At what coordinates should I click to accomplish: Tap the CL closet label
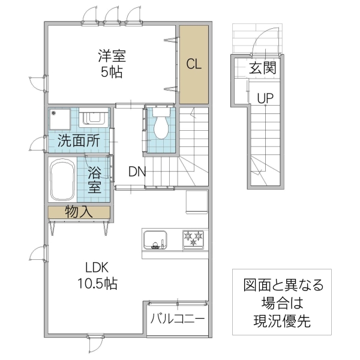click(193, 64)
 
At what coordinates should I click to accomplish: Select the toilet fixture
click(160, 125)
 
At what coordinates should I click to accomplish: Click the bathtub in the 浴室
click(62, 179)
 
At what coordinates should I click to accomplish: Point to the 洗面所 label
click(79, 142)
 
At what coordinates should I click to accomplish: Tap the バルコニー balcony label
click(178, 318)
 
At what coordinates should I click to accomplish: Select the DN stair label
click(137, 172)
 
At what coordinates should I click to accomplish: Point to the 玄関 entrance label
click(263, 68)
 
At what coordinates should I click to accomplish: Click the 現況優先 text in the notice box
click(282, 321)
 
